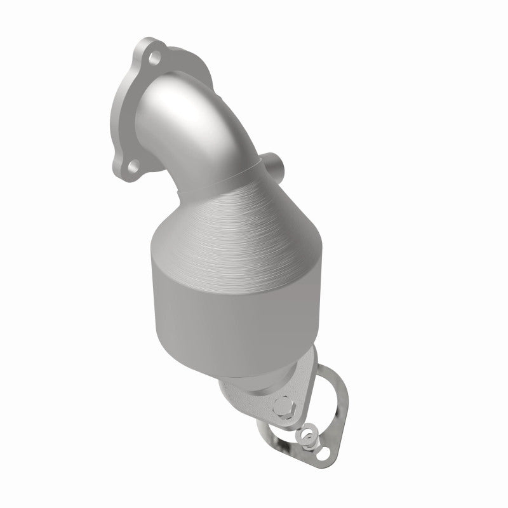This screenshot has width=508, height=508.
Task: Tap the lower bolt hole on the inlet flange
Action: pos(133,150)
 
